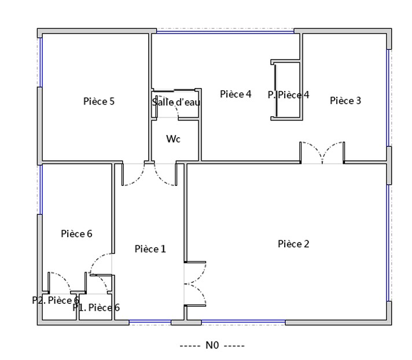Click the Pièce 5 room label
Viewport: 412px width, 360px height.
(x=99, y=101)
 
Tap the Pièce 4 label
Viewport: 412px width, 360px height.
(x=236, y=94)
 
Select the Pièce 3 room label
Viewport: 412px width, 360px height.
(x=345, y=100)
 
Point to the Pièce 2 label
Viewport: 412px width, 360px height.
(x=293, y=244)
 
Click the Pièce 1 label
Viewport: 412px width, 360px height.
(x=150, y=249)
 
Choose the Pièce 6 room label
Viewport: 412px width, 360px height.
(x=77, y=234)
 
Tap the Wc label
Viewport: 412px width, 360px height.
(x=174, y=139)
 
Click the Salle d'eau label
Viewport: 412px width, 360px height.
(x=176, y=102)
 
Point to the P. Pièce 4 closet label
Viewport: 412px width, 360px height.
(x=289, y=95)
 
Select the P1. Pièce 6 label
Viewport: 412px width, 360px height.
(x=96, y=307)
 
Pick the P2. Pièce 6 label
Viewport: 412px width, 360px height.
(x=56, y=300)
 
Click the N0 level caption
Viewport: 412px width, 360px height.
(x=212, y=346)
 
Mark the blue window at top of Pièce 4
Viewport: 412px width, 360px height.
(x=225, y=32)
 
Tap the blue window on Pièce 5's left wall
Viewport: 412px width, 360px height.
(x=41, y=63)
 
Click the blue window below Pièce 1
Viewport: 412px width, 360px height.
(x=150, y=321)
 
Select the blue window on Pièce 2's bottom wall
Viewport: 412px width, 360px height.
(x=243, y=321)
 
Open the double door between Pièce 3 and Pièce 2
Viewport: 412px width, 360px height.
(x=322, y=153)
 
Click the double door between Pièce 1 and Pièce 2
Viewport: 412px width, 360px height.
(x=194, y=284)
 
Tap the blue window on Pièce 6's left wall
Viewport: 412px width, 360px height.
(x=41, y=189)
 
